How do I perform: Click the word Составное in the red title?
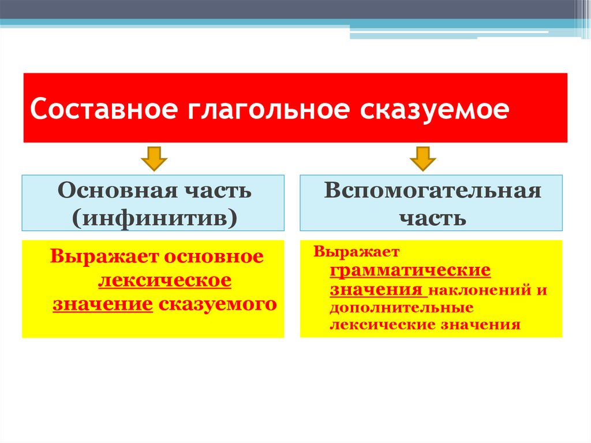(102, 109)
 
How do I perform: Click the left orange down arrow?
(154, 159)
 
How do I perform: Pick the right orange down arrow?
(423, 159)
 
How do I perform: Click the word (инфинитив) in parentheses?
(154, 218)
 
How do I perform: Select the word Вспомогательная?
(432, 191)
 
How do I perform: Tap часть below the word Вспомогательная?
(432, 218)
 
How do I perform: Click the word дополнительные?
(402, 307)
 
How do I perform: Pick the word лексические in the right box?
(383, 325)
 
